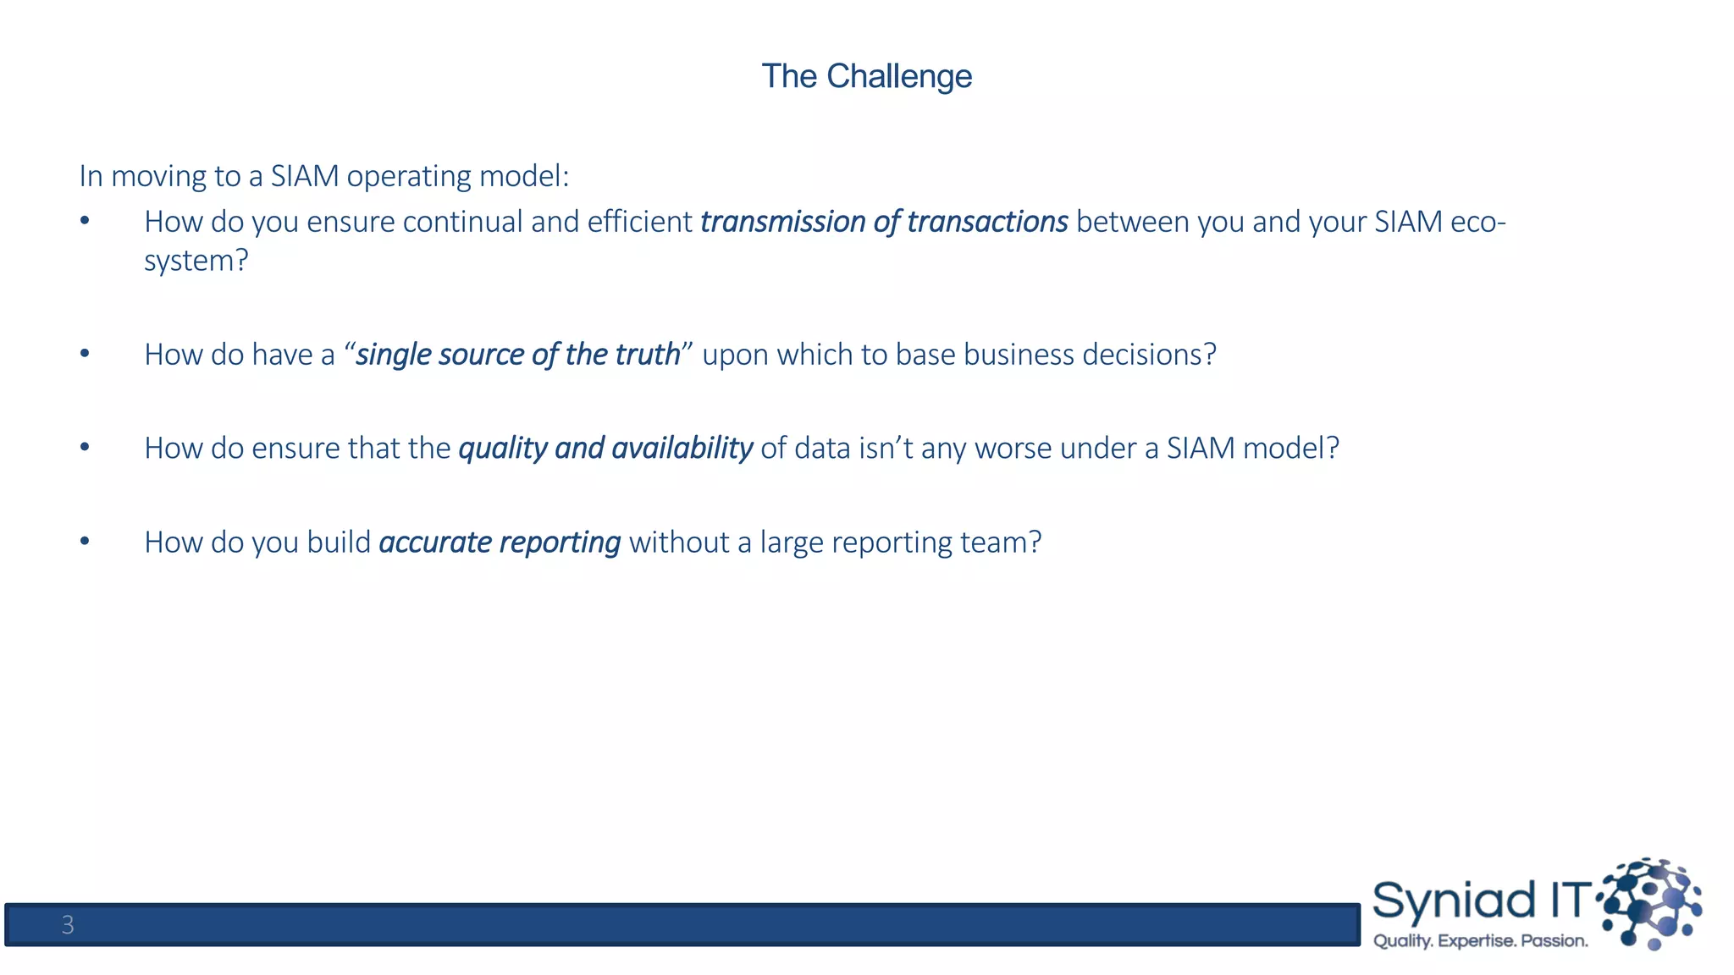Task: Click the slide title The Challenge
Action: (866, 76)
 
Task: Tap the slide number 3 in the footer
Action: (68, 925)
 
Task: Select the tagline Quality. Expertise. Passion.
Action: (1480, 941)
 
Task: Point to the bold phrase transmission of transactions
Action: (884, 222)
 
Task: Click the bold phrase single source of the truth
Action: (518, 355)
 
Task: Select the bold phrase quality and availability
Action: (605, 449)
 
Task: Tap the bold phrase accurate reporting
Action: (500, 543)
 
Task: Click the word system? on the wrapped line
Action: (196, 261)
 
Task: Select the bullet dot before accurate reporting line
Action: (85, 541)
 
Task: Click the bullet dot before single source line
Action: (85, 353)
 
